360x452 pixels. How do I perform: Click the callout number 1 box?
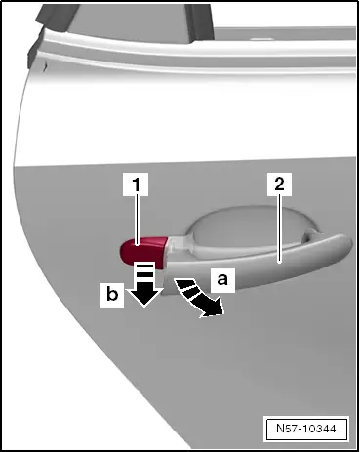tap(136, 185)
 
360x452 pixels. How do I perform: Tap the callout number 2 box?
tap(279, 185)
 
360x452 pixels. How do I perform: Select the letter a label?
tap(222, 279)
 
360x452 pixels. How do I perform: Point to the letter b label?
tap(112, 295)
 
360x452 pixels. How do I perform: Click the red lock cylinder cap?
tap(144, 253)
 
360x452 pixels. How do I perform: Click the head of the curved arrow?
tap(212, 308)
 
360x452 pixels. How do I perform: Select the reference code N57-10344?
tap(306, 429)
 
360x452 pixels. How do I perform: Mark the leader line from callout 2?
tap(280, 229)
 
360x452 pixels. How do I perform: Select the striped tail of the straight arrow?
tap(143, 271)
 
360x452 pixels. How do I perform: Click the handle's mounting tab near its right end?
tap(310, 235)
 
